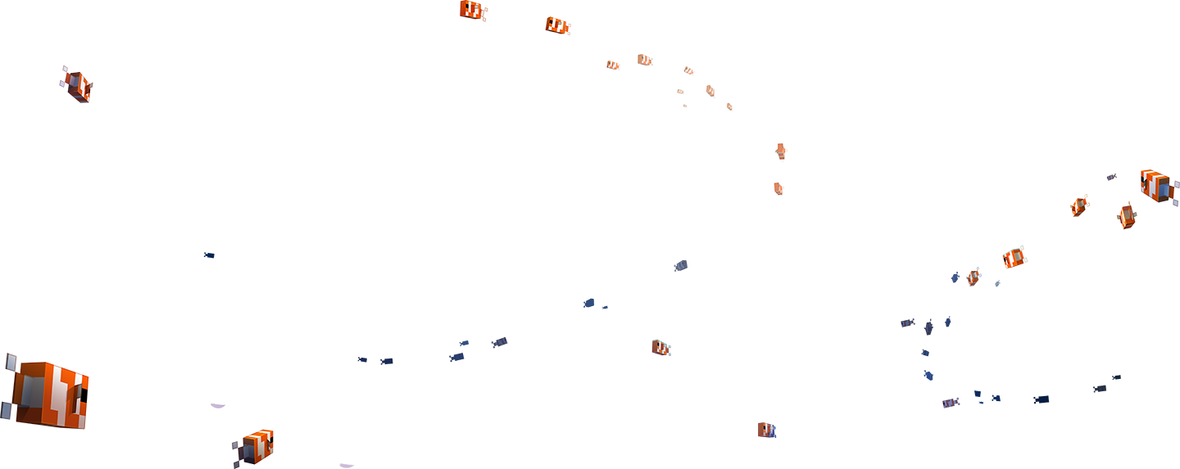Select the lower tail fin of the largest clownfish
[7, 409]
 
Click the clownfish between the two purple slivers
[256, 446]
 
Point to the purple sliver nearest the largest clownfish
[217, 404]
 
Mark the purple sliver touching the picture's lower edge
[347, 465]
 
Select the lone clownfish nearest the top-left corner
[77, 85]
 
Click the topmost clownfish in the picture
[473, 10]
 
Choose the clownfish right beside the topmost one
[557, 25]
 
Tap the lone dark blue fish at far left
[209, 255]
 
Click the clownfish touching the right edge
[1158, 187]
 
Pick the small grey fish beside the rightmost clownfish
[1111, 177]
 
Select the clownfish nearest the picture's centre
[661, 348]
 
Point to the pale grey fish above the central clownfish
[681, 265]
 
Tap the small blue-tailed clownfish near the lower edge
[766, 430]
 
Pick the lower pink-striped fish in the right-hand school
[950, 403]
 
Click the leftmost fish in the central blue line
[362, 359]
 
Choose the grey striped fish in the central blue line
[499, 342]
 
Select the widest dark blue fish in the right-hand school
[1041, 399]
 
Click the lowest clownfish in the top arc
[778, 189]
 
